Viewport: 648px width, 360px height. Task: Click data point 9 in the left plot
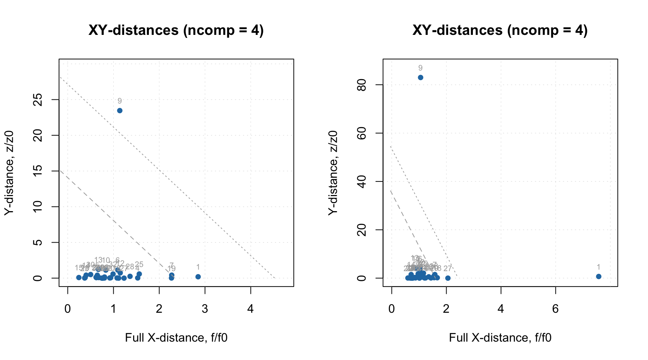120,111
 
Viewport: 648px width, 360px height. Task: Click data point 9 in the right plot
420,78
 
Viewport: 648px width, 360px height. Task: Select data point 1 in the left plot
198,277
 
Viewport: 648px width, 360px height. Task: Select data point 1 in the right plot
598,276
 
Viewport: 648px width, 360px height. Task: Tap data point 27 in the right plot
448,278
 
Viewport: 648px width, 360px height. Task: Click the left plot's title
176,30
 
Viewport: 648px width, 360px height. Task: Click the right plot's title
500,30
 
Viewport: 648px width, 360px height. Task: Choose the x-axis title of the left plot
176,337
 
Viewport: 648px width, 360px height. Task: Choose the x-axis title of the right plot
500,337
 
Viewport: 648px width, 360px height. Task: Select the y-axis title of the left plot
9,173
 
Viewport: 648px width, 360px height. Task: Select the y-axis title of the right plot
333,173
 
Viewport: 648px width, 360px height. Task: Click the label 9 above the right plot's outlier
420,68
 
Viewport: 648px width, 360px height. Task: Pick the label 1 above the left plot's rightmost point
198,267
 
